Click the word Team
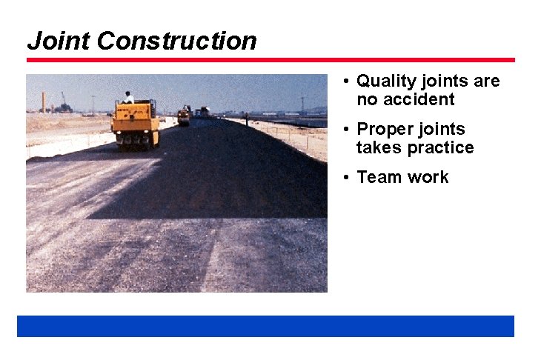(377, 178)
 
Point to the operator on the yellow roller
(129, 97)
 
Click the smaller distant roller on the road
(183, 116)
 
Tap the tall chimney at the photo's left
(44, 101)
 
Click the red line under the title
(270, 60)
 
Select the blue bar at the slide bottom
(265, 326)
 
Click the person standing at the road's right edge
(246, 119)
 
